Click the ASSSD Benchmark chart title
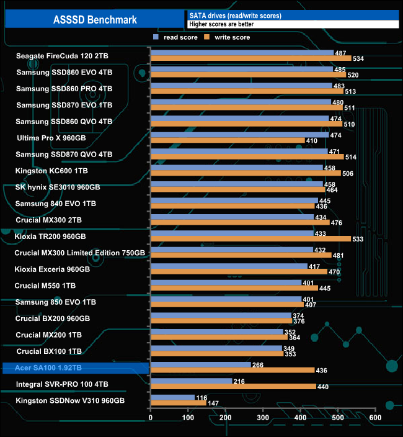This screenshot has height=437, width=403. point(95,19)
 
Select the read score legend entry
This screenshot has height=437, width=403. point(176,38)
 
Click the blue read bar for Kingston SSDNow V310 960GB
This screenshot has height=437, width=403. point(172,397)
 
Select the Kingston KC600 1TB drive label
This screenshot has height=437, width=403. point(51,171)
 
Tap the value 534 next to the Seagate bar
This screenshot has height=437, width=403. point(358,59)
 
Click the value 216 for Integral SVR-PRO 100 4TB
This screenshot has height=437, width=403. point(239,381)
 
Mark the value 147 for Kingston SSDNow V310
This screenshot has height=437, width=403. point(213,403)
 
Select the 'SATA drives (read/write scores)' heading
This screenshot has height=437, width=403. point(235,15)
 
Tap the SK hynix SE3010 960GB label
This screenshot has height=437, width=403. point(58,187)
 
